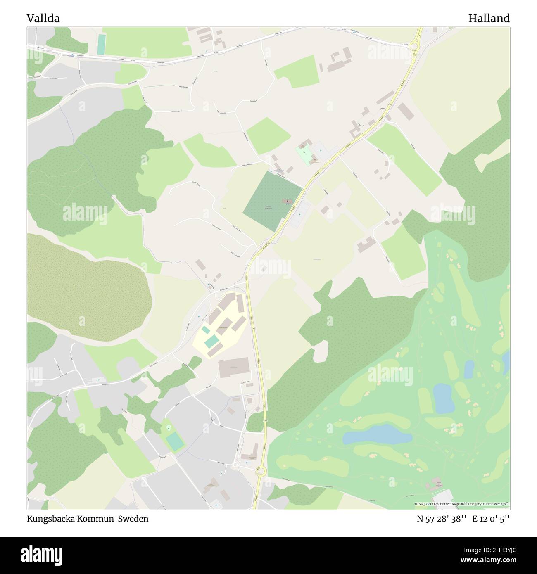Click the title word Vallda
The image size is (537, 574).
[x=43, y=18]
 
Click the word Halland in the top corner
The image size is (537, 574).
[x=489, y=18]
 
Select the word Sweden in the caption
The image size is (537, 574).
[x=133, y=519]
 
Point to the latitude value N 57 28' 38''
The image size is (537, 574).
[x=442, y=519]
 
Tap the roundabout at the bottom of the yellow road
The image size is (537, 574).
[x=260, y=470]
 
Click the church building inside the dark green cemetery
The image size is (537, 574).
[x=286, y=201]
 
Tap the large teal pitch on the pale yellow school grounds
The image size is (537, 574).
[x=211, y=341]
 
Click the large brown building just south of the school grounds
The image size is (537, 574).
[x=234, y=368]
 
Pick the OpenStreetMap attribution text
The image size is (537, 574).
[x=462, y=504]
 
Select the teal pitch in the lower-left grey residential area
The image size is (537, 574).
[x=175, y=442]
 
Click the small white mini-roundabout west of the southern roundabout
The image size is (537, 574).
[x=235, y=465]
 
